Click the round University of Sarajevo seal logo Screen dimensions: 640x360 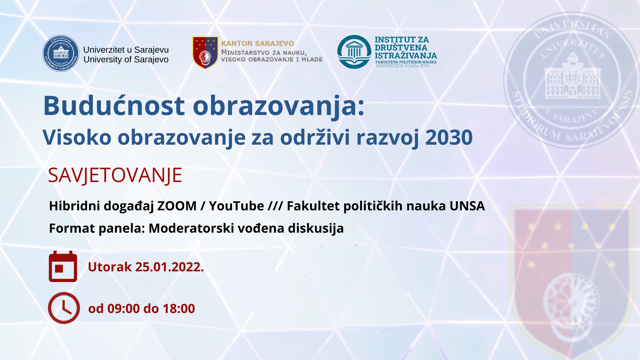pyautogui.click(x=61, y=53)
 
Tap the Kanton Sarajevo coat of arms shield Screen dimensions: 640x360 pyautogui.click(x=205, y=52)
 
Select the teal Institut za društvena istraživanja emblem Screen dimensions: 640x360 pyautogui.click(x=354, y=52)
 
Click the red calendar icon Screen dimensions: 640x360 pyautogui.click(x=63, y=266)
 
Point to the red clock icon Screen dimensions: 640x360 pyautogui.click(x=64, y=308)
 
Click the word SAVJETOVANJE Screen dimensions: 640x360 pyautogui.click(x=115, y=175)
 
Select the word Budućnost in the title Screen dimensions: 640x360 pyautogui.click(x=114, y=105)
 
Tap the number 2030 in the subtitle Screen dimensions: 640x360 pyautogui.click(x=449, y=137)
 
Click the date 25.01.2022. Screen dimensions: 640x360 pyautogui.click(x=169, y=267)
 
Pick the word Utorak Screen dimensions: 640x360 pyautogui.click(x=110, y=267)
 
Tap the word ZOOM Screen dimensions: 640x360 pyautogui.click(x=177, y=206)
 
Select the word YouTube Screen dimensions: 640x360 pyautogui.click(x=236, y=206)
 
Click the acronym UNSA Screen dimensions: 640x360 pyautogui.click(x=467, y=206)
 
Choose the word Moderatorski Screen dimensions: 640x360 pyautogui.click(x=191, y=228)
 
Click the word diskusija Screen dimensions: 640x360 pyautogui.click(x=316, y=228)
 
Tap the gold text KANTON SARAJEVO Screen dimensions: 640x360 pyautogui.click(x=258, y=44)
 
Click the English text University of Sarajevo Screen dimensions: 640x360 pyautogui.click(x=126, y=60)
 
